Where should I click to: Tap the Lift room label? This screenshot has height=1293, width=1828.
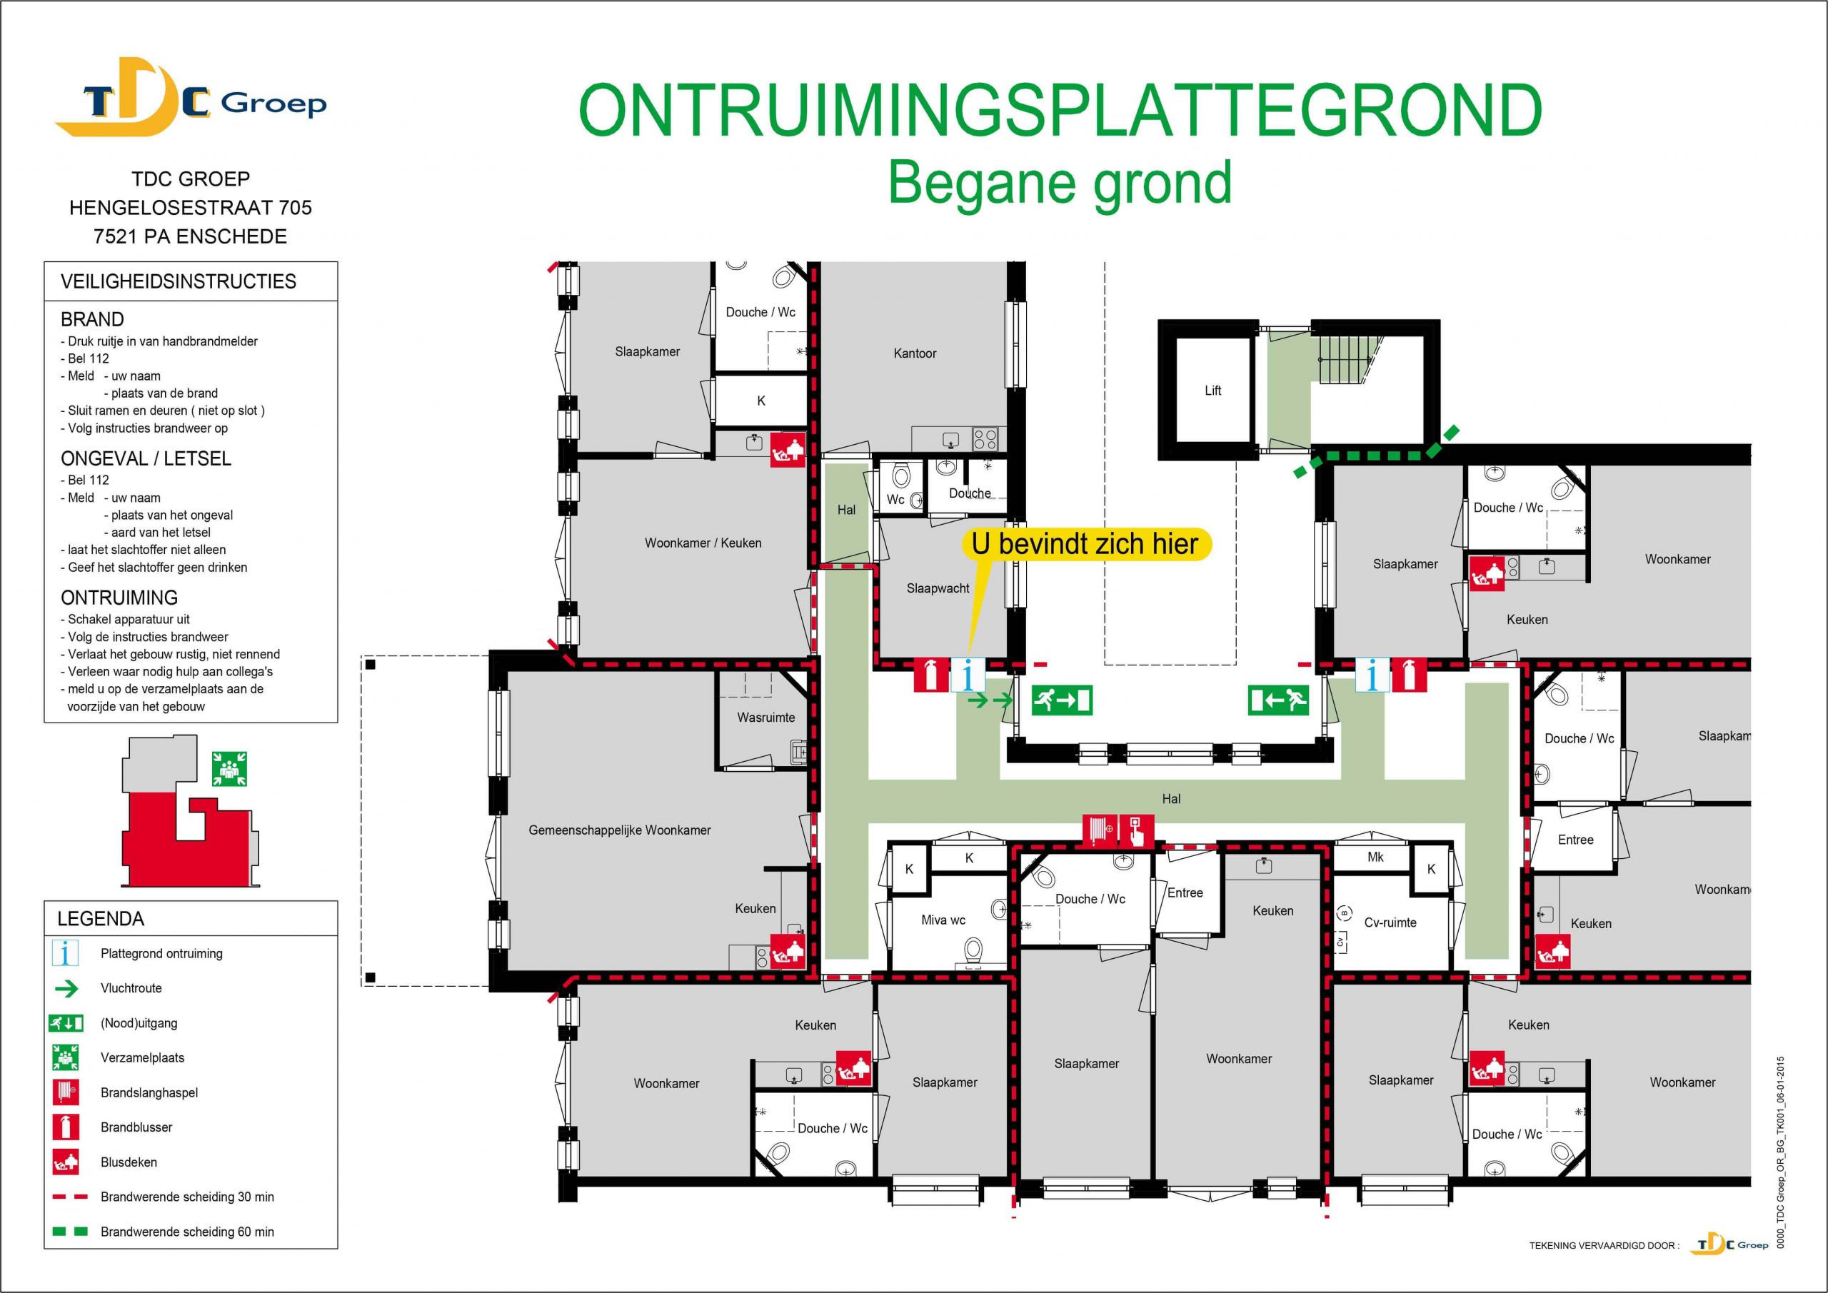pyautogui.click(x=1212, y=390)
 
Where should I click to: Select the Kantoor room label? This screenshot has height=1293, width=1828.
pyautogui.click(x=915, y=353)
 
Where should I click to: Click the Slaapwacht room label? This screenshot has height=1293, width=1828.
pyautogui.click(x=938, y=588)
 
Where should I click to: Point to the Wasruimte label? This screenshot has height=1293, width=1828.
pyautogui.click(x=766, y=718)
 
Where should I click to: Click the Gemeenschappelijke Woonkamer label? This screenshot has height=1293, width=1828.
pyautogui.click(x=619, y=830)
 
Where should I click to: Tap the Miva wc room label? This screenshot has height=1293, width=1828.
pyautogui.click(x=943, y=920)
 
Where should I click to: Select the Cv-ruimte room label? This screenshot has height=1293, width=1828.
pyautogui.click(x=1390, y=922)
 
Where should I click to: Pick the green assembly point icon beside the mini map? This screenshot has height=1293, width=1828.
pyautogui.click(x=229, y=769)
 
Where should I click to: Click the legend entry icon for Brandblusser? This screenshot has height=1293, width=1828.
pyautogui.click(x=65, y=1127)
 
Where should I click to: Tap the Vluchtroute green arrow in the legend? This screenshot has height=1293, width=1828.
pyautogui.click(x=67, y=989)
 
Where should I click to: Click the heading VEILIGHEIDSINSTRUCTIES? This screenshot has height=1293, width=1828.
pyautogui.click(x=179, y=282)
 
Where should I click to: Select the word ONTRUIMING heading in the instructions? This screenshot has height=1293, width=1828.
pyautogui.click(x=119, y=598)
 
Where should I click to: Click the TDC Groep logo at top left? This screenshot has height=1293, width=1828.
pyautogui.click(x=189, y=99)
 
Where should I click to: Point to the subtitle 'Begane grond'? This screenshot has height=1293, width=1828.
pyautogui.click(x=1060, y=183)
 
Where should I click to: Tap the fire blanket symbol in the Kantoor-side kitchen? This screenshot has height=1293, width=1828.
pyautogui.click(x=788, y=451)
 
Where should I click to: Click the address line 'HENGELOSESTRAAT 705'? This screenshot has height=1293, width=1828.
pyautogui.click(x=190, y=208)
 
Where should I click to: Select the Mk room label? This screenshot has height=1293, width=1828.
pyautogui.click(x=1376, y=857)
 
